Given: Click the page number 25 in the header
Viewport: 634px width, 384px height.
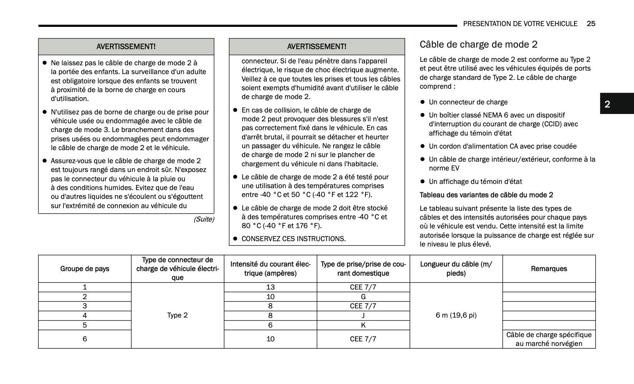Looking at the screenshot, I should tap(591, 24).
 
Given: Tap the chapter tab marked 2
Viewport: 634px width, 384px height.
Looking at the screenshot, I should tap(607, 104).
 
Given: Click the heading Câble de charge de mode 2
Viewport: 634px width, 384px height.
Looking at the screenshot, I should tap(478, 45).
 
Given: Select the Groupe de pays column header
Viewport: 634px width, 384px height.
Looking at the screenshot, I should tap(85, 269).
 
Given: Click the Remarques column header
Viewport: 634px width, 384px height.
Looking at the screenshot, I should tap(549, 269).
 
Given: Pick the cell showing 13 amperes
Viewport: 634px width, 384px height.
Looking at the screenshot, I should tap(271, 287).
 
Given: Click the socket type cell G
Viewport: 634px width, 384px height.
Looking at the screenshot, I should tap(363, 297).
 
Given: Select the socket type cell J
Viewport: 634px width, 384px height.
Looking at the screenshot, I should tap(363, 316).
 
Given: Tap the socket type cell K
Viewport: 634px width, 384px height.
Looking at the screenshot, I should tap(363, 325).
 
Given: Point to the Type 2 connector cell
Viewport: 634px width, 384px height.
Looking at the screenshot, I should tap(178, 315).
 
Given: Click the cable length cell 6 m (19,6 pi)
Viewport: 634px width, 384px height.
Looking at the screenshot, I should tap(456, 315).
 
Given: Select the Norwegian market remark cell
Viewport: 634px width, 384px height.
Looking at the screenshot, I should tap(549, 339).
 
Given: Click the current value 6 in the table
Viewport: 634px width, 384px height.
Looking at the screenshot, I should tap(271, 325).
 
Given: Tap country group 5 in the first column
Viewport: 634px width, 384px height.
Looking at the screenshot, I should tap(85, 325).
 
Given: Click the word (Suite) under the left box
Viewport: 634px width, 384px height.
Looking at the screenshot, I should tap(204, 219).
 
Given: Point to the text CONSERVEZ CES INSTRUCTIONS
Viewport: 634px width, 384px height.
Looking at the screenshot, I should tap(294, 239).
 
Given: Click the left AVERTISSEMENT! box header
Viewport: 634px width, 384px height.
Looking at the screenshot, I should tap(126, 47).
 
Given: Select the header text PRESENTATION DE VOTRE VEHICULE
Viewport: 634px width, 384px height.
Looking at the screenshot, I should tap(520, 24).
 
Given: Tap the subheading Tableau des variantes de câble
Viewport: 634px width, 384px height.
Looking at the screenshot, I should tap(486, 195).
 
